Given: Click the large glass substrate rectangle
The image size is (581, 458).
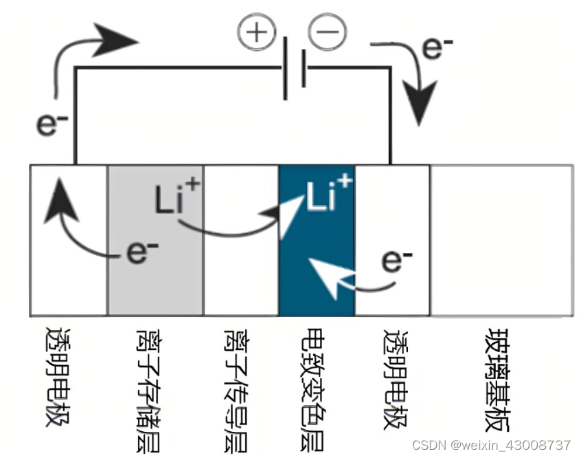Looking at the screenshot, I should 501,240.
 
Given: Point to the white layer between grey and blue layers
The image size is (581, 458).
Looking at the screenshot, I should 241,275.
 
